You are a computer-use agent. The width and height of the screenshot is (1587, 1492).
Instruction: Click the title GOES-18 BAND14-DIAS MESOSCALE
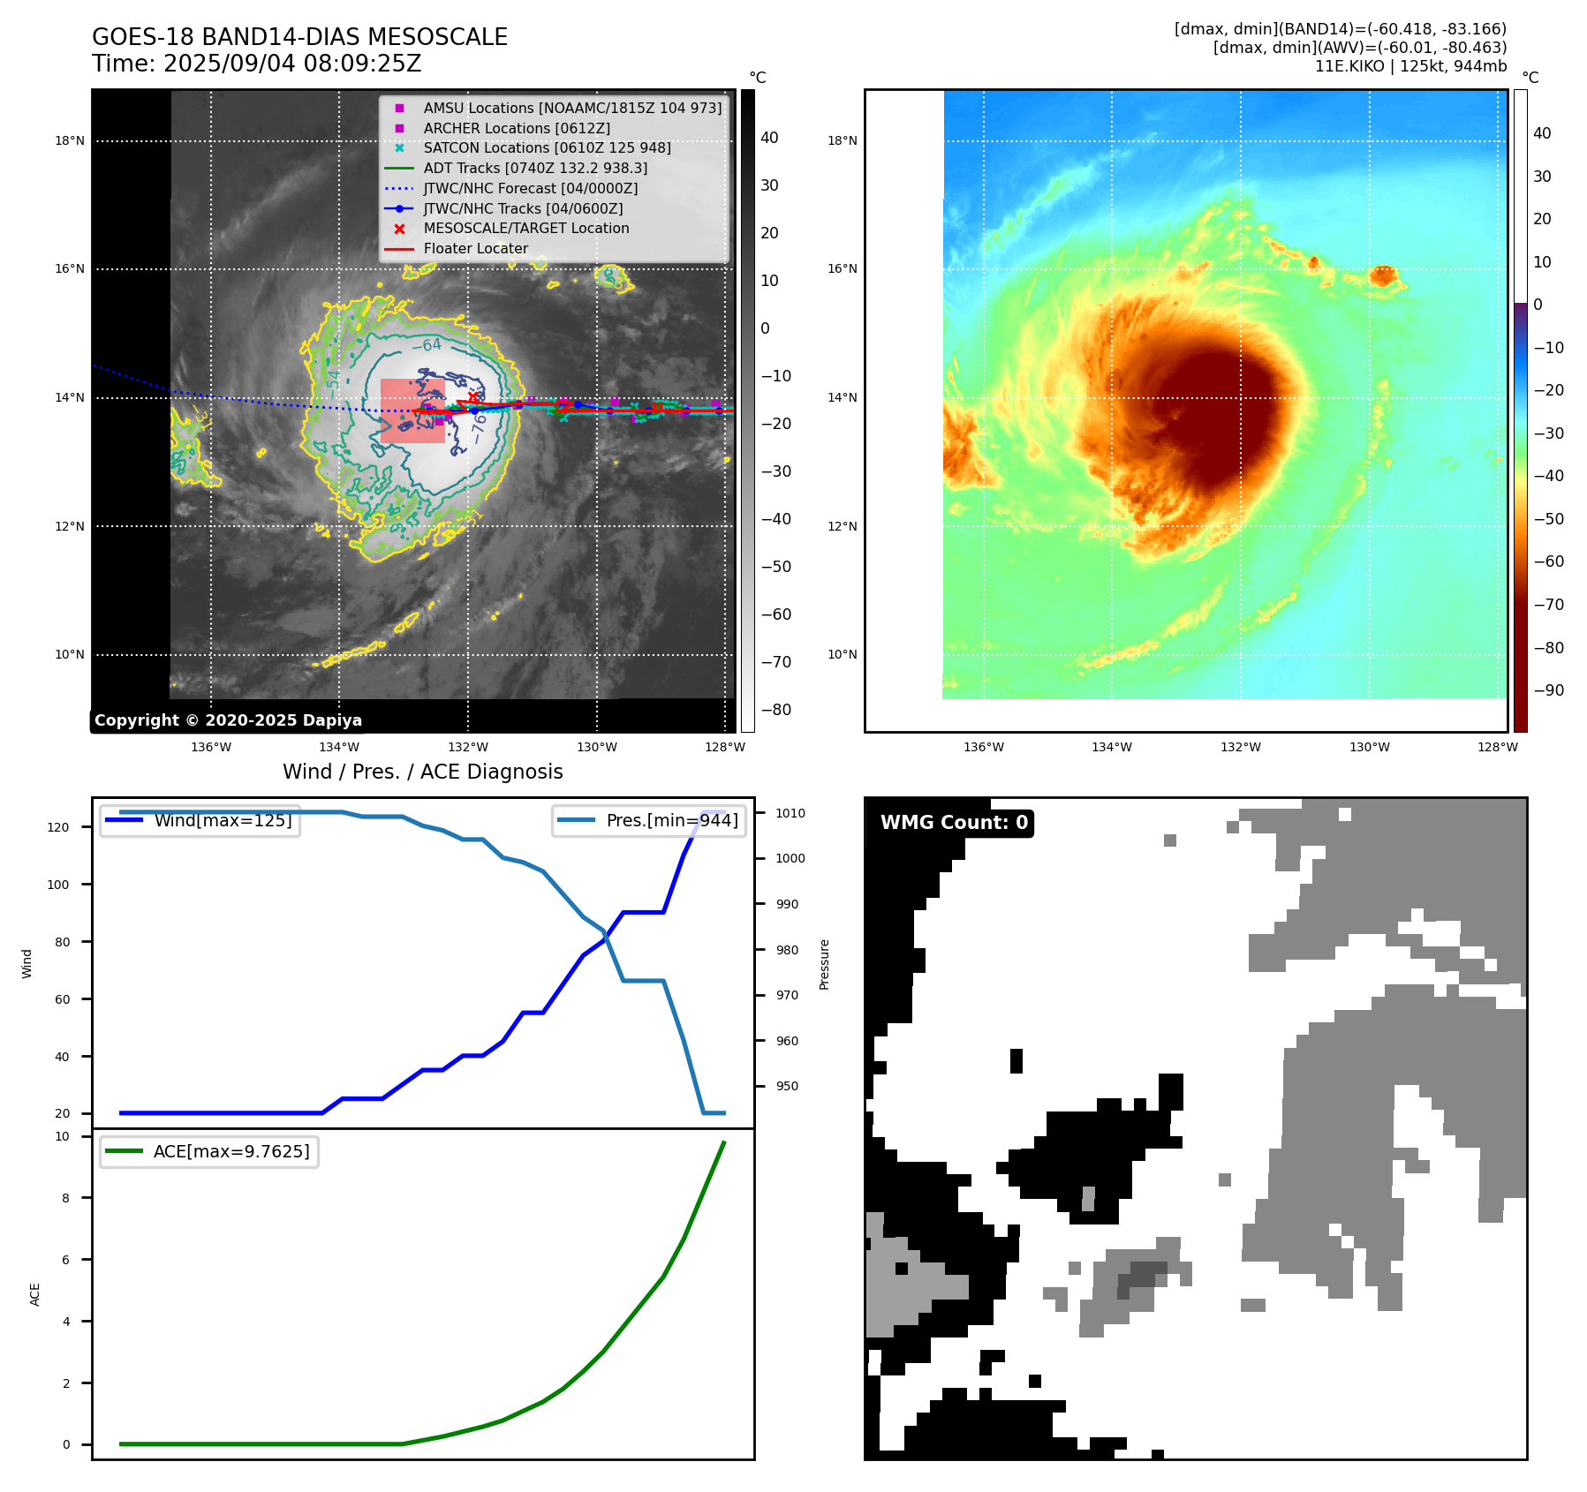pos(299,37)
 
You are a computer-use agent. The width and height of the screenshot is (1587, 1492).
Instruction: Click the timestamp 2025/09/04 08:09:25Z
pos(292,64)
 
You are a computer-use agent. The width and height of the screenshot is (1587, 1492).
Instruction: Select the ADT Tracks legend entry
pos(534,168)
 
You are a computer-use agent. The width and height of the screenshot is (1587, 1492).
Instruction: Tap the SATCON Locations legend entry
pos(546,147)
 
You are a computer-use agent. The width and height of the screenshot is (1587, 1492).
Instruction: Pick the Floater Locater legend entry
pos(475,248)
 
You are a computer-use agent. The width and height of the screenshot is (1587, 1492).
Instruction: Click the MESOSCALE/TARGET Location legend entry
pos(525,228)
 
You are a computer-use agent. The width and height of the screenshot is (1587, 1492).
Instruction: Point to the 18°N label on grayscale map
pos(70,140)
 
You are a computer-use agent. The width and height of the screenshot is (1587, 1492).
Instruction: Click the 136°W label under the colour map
pos(983,747)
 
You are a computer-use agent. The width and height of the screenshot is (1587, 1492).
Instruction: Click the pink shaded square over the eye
pos(412,411)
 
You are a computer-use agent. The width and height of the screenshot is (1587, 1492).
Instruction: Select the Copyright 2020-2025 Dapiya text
pos(228,720)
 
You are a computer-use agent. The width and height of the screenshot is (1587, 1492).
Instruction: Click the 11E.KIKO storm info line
pos(1410,66)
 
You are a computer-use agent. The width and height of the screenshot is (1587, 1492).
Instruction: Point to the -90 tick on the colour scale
pos(1548,690)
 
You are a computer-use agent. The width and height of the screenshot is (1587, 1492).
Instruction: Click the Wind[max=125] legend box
pos(200,820)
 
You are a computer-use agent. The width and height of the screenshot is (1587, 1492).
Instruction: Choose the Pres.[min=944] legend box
pos(649,820)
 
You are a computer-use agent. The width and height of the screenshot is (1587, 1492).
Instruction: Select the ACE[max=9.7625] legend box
pos(209,1151)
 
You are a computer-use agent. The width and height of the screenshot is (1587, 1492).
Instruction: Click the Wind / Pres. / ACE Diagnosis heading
pos(422,772)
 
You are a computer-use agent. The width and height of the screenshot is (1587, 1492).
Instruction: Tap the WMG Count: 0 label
pos(954,823)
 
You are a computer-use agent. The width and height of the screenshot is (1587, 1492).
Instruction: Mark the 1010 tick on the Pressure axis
pos(790,813)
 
